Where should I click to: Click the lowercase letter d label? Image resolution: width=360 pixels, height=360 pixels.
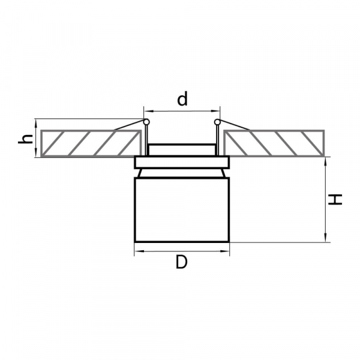(182, 99)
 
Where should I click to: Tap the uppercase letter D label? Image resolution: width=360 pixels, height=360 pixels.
(182, 262)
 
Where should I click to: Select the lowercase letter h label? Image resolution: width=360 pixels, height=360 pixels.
(25, 139)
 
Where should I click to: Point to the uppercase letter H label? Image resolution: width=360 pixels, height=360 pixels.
(335, 200)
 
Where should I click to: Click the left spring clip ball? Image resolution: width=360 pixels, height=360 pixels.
(146, 122)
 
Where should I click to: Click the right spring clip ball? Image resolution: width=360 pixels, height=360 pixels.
(217, 122)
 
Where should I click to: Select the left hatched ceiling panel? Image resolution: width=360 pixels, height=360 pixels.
(91, 143)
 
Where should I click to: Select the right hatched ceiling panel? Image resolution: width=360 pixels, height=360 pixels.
(274, 143)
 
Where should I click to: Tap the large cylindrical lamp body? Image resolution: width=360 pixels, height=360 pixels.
(182, 210)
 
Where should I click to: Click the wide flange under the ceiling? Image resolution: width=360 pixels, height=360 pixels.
(182, 163)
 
